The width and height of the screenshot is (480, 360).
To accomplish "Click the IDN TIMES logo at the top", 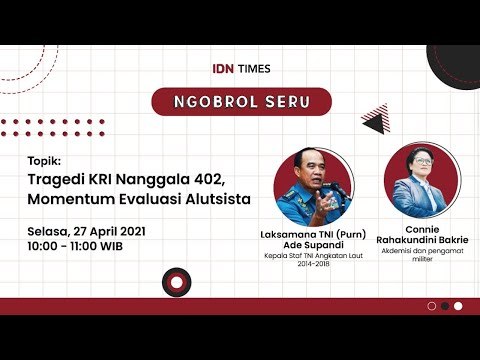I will click(x=240, y=68).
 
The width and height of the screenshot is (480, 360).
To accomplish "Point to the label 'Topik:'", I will click(x=45, y=160).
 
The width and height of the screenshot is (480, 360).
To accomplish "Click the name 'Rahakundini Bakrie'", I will click(x=420, y=240).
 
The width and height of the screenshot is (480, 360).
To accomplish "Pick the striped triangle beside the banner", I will click(x=375, y=119).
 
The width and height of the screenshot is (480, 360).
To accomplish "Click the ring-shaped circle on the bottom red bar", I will click(x=176, y=284).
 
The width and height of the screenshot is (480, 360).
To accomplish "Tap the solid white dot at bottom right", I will click(x=458, y=306).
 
